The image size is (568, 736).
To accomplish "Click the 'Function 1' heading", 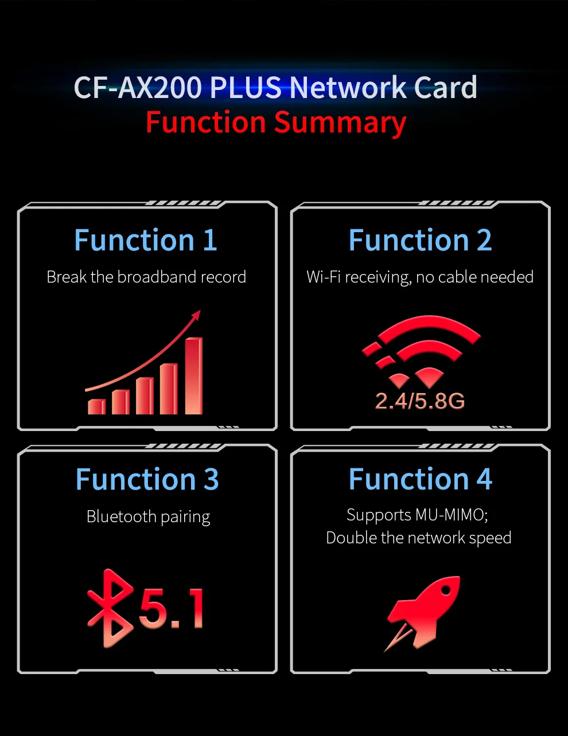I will coord(146,240).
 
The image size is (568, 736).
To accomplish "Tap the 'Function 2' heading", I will coord(420,240).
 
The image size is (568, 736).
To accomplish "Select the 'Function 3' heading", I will coord(147,480).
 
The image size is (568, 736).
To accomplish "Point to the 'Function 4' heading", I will coord(420,479).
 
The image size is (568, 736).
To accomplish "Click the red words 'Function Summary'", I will coord(276,123).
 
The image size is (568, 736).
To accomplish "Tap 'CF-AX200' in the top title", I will coord(138,88).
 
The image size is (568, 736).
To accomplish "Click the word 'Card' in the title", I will coord(445,88).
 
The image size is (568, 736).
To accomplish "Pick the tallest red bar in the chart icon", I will coord(194,375).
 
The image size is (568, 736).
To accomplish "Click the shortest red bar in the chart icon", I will coord(96,406).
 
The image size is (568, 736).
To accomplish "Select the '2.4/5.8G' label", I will coord(420,401).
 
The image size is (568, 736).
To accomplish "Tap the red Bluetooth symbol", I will coord(110,608).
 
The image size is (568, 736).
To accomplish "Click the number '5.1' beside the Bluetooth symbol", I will coord(171,608).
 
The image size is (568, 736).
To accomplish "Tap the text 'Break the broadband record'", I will coord(146,277).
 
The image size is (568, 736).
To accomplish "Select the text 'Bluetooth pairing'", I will coord(148,516).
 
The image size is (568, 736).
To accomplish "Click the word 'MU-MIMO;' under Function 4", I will coord(452,515).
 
